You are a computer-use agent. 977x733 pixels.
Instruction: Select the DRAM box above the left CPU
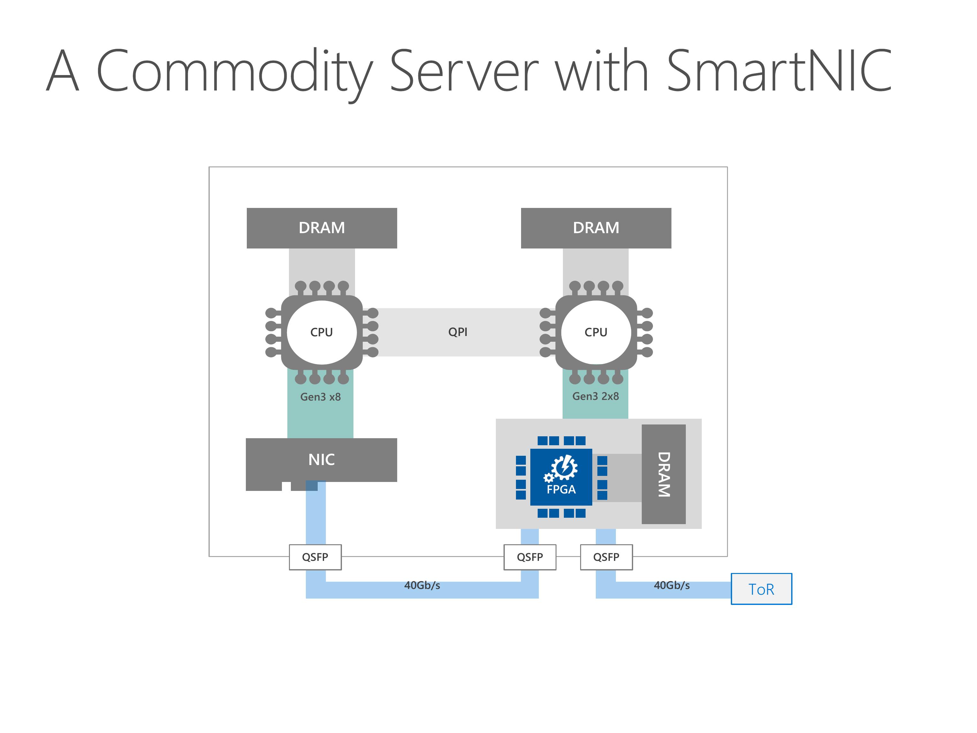[x=322, y=228]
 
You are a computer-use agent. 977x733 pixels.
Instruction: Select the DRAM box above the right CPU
[x=596, y=228]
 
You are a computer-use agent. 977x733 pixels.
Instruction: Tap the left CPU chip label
[x=322, y=332]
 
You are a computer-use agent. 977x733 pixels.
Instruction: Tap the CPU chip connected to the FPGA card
[x=596, y=332]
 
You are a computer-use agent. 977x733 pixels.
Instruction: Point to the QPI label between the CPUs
[x=458, y=332]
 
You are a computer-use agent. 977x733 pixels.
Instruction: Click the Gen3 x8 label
[x=320, y=397]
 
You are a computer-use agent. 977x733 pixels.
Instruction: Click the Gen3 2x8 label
[x=595, y=396]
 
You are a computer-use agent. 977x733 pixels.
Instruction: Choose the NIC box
[x=322, y=460]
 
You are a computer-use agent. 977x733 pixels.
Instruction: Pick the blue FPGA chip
[x=561, y=477]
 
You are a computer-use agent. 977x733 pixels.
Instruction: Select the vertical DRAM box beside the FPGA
[x=663, y=474]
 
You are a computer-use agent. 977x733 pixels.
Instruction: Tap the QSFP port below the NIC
[x=315, y=557]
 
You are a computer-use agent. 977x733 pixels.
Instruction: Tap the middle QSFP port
[x=530, y=557]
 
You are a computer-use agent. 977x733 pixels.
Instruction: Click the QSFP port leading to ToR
[x=606, y=557]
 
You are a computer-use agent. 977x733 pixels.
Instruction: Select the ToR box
[x=761, y=589]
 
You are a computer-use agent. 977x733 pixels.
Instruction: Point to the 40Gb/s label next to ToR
[x=672, y=585]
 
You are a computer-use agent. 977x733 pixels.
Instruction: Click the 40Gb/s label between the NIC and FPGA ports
[x=422, y=585]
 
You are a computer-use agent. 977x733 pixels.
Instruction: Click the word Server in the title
[x=464, y=71]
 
